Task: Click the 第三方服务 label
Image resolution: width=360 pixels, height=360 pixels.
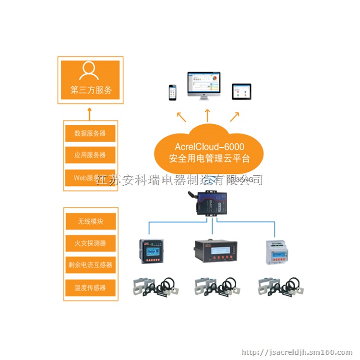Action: click(91, 90)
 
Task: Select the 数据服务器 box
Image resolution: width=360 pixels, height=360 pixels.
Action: click(90, 133)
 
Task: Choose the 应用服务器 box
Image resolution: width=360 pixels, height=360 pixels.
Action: click(90, 155)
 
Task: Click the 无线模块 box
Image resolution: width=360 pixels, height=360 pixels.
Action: click(90, 221)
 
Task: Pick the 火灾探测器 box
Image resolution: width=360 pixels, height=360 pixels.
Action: click(90, 243)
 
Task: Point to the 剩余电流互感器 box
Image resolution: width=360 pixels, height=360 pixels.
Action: click(90, 264)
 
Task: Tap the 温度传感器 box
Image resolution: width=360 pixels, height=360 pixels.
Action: click(90, 288)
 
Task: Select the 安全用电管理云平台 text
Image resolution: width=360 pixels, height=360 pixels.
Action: click(209, 158)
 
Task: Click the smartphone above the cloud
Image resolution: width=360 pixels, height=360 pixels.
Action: click(172, 92)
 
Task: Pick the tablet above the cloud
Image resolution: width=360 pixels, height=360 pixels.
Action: click(241, 91)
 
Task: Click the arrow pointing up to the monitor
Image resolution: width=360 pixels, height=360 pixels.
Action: click(207, 115)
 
